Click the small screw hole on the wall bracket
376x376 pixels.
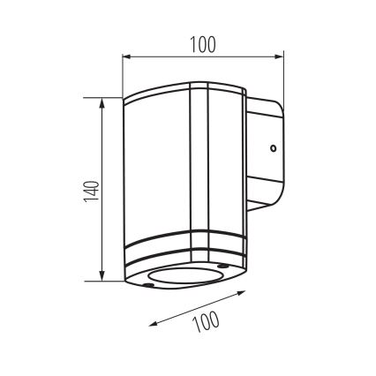pyautogui.click(x=274, y=148)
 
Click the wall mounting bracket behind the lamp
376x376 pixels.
pyautogui.click(x=267, y=159)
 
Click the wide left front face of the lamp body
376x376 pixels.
pyautogui.click(x=154, y=168)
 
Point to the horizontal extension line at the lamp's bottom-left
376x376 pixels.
pyautogui.click(x=110, y=282)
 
